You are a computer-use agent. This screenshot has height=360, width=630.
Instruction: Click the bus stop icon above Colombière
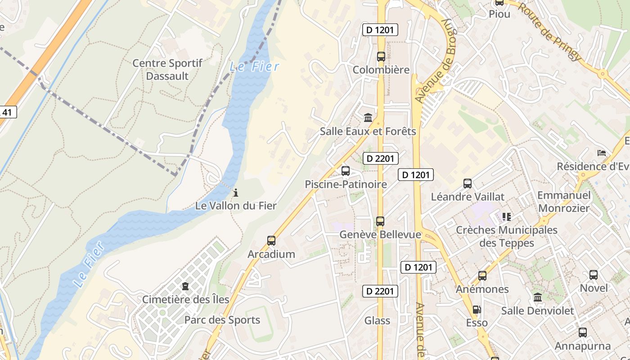pos(381,57)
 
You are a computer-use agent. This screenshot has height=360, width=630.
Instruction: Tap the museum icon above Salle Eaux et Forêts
pos(368,118)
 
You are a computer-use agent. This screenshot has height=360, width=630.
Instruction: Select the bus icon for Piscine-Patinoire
pos(345,171)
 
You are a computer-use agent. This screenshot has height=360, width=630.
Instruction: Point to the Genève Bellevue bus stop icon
pos(380,221)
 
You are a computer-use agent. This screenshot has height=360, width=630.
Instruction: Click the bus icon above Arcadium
pos(271,241)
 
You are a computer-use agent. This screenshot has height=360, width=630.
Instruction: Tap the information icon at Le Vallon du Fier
pos(235,193)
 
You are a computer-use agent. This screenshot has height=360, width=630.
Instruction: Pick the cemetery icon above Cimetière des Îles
pos(185,286)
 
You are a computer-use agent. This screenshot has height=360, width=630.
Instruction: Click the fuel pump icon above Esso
pos(476,310)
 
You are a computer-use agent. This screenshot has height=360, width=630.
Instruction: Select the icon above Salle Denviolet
pos(537,297)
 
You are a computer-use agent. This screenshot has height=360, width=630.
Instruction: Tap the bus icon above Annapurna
pos(582,333)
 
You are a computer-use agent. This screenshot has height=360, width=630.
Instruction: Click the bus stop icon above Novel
pos(593,274)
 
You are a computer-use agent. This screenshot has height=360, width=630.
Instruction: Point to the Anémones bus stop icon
pos(482,276)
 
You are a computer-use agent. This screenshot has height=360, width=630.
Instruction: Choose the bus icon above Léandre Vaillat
pos(468,184)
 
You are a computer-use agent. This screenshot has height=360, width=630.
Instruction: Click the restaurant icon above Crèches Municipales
pos(507,217)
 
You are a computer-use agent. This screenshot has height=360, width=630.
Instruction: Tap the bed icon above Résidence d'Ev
pos(602,153)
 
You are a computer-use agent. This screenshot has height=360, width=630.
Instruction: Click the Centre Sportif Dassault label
pos(167,70)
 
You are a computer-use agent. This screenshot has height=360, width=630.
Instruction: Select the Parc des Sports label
pos(222,320)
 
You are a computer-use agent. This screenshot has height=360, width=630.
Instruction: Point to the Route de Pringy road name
pos(549,31)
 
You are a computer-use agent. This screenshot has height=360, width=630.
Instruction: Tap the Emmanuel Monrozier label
pos(564,202)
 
